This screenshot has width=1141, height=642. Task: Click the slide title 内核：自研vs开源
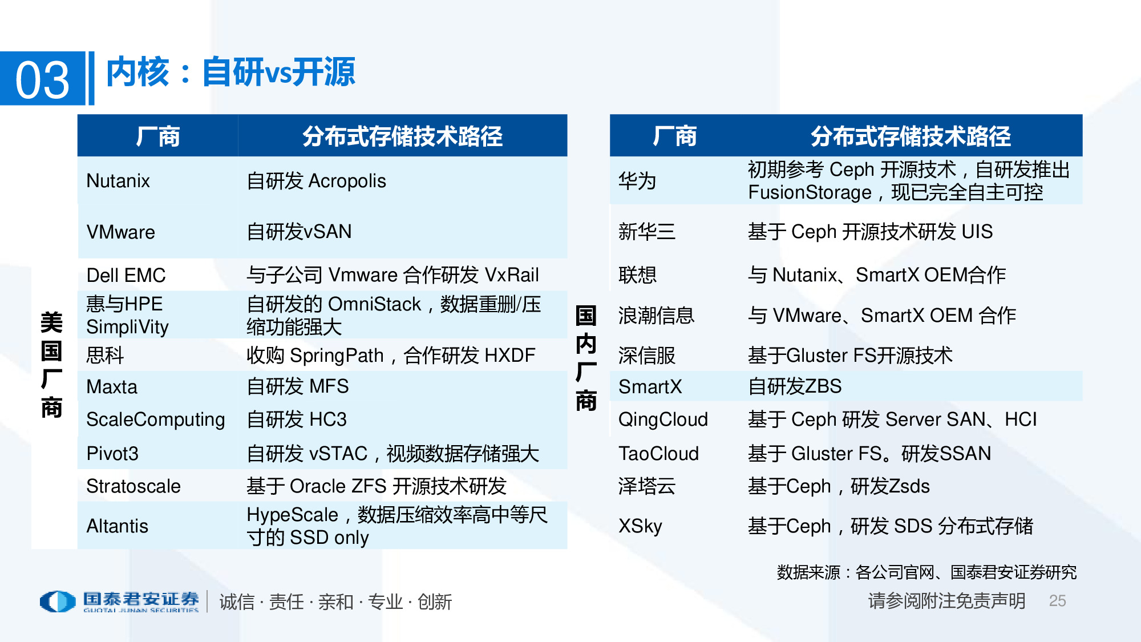(x=230, y=72)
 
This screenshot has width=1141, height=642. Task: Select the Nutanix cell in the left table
(x=118, y=181)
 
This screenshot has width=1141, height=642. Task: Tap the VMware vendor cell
(x=121, y=232)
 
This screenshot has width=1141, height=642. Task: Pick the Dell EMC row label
(x=126, y=276)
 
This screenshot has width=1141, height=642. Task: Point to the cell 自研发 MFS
(x=297, y=386)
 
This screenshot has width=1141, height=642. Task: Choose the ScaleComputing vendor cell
(x=155, y=419)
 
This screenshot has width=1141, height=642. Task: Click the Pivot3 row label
(x=112, y=454)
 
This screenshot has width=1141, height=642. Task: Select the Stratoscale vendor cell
(x=133, y=486)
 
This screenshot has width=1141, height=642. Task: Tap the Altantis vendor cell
(x=118, y=526)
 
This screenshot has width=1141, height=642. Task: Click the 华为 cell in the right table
(x=637, y=181)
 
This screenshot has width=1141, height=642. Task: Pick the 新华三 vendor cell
(x=647, y=232)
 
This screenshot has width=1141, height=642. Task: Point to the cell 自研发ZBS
(x=795, y=386)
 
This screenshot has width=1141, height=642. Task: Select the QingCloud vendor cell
(x=663, y=419)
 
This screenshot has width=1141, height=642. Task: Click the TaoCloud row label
(x=659, y=454)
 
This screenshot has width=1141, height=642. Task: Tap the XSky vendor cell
(x=640, y=526)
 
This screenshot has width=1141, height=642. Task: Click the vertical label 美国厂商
(x=51, y=365)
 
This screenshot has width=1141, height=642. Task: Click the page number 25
(x=1057, y=600)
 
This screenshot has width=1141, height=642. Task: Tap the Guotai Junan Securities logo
(x=120, y=601)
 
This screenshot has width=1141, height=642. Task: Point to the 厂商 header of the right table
(x=674, y=136)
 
